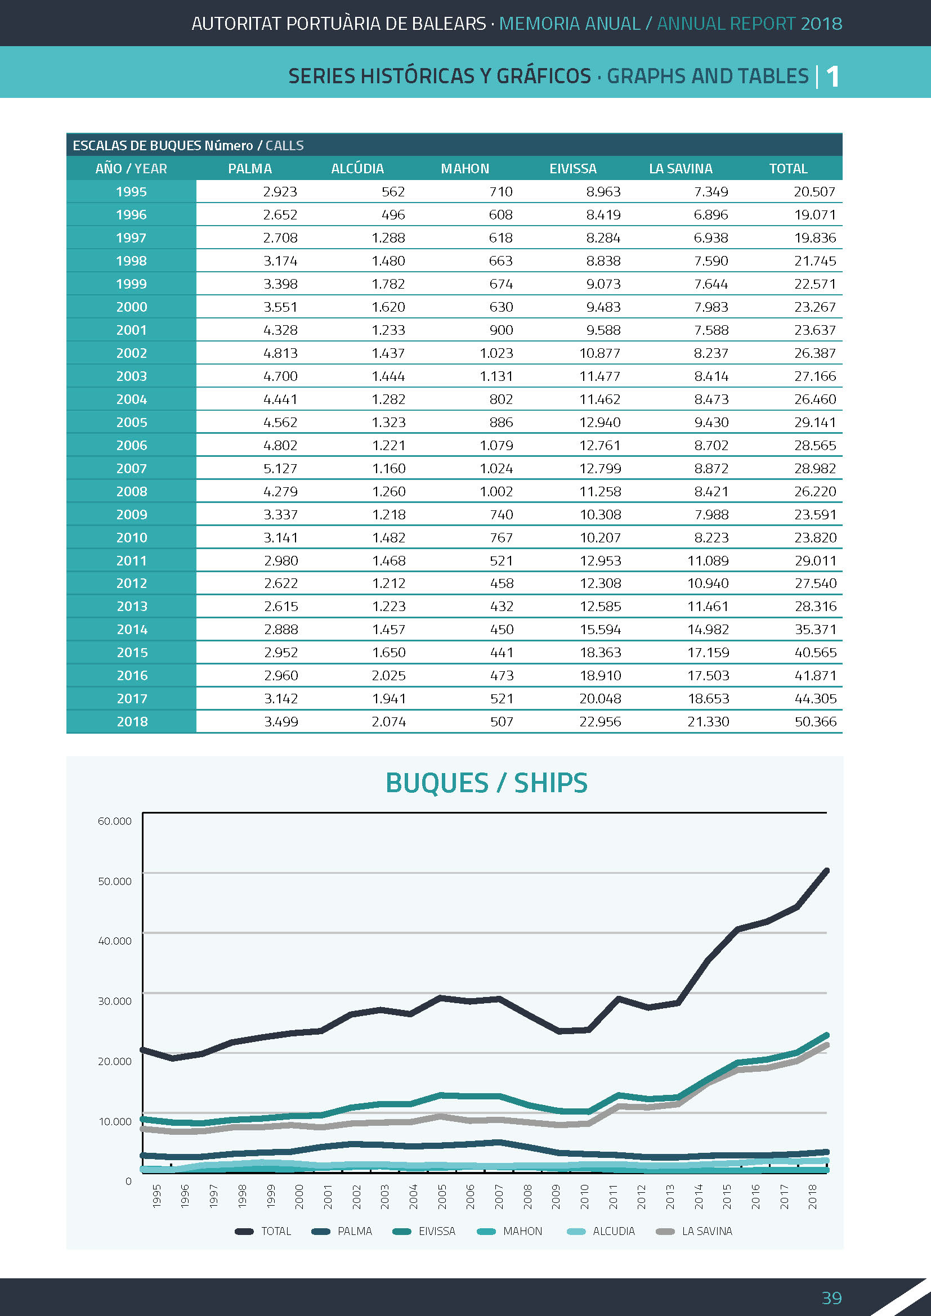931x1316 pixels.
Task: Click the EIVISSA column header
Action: tap(572, 169)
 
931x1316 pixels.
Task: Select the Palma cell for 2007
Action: tap(280, 468)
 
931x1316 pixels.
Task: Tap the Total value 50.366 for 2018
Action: tap(814, 722)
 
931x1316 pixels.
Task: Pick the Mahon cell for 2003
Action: tap(496, 376)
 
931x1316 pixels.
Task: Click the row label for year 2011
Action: tap(131, 560)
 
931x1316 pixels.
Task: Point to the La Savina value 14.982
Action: tap(708, 630)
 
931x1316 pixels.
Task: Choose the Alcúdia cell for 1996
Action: tap(393, 215)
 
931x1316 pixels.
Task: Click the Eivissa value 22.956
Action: tap(599, 722)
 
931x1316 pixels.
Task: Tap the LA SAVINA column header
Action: tap(681, 169)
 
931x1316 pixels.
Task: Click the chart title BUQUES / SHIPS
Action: tap(486, 783)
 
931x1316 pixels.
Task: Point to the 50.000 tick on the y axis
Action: tap(115, 881)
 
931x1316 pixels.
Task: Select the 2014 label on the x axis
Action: tap(698, 1197)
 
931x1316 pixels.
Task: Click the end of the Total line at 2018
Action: tap(826, 870)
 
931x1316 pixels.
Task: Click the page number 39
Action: tap(831, 1297)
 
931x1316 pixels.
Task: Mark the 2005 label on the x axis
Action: tap(442, 1197)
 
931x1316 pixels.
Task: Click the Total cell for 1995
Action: tap(814, 192)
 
